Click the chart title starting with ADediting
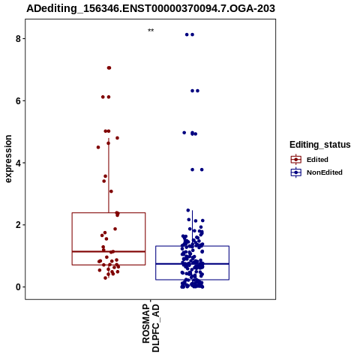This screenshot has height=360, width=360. pos(151,8)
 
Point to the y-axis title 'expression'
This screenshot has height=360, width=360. pos(8,159)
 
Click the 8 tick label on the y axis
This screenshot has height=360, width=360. pos(18,39)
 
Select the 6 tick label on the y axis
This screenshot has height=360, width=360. pos(18,100)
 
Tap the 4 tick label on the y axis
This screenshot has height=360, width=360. pos(18,163)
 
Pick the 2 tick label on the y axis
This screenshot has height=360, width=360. pos(18,225)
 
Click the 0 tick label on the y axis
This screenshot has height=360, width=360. pos(18,287)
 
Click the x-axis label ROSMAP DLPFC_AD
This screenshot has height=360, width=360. pos(151,328)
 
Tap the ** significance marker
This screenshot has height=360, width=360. pos(151,31)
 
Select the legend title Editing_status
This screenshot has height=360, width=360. pos(320,145)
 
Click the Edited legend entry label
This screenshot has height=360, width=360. pos(317,160)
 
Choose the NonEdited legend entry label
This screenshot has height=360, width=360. pos(325,172)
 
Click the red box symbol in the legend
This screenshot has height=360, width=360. pos(296,160)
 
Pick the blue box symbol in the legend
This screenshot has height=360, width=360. pos(296,172)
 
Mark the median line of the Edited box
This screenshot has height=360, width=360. pos(109,251)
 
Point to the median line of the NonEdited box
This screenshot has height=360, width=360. pos(192,264)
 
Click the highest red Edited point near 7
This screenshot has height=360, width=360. pos(109,67)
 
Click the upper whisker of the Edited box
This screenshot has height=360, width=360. pos(109,175)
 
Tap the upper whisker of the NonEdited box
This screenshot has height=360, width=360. pos(192,228)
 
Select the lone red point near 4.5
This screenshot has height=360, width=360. pos(98,147)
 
